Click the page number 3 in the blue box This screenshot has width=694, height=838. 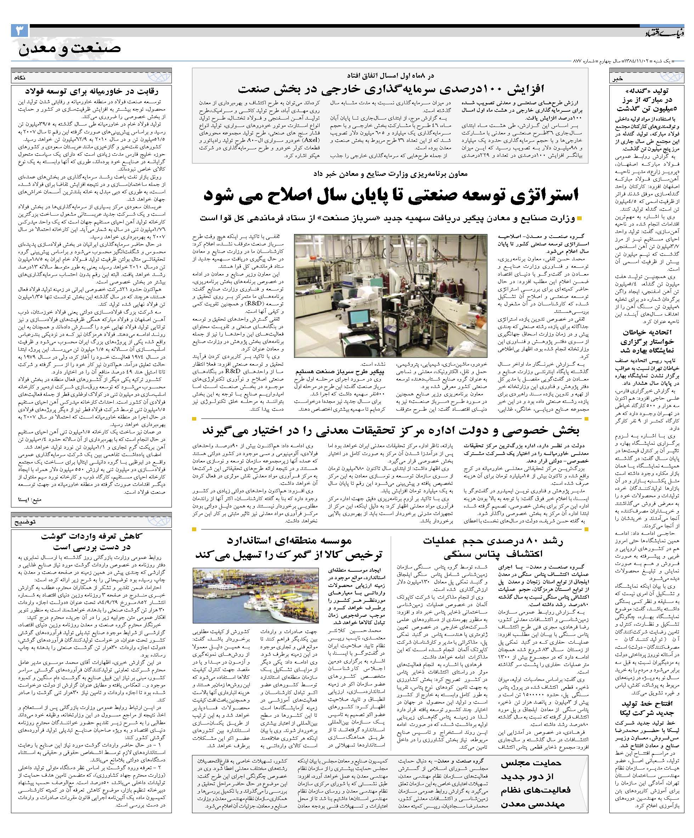pyautogui.click(x=19, y=30)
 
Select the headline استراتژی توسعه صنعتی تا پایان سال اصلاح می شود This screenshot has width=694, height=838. pyautogui.click(x=390, y=195)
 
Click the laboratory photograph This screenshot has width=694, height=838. pyautogui.click(x=390, y=295)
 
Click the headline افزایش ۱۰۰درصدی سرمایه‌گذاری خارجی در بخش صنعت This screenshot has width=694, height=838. pyautogui.click(x=390, y=88)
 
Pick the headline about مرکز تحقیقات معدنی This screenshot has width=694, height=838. pyautogui.click(x=390, y=430)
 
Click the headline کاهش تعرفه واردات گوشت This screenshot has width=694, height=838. pyautogui.click(x=92, y=542)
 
